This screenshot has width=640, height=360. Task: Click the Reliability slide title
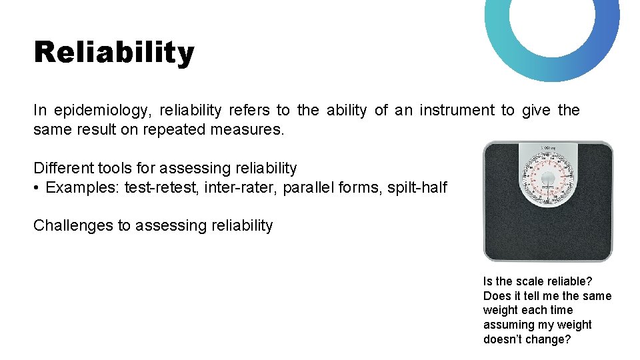114,52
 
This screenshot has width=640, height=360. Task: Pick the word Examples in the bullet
83,187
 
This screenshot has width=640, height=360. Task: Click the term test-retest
161,187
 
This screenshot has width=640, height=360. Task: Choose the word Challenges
73,225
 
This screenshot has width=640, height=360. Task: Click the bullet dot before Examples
37,188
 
